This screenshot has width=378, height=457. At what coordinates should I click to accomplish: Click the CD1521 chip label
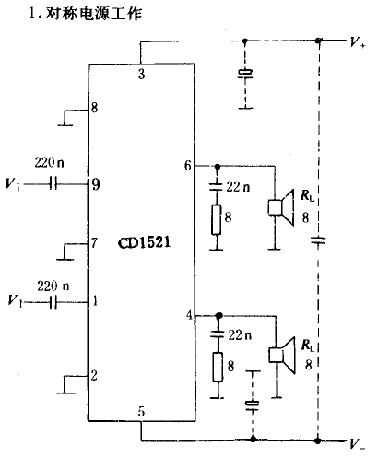[x=144, y=242]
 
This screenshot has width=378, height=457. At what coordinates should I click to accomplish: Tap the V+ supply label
[x=358, y=42]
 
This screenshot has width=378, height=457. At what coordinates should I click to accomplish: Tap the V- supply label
[x=358, y=444]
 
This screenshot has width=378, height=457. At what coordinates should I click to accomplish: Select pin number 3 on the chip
[x=141, y=74]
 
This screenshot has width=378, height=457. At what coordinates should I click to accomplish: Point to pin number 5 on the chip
[x=141, y=412]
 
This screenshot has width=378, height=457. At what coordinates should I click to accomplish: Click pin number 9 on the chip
[x=96, y=184]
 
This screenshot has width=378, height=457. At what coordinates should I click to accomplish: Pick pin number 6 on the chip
[x=188, y=166]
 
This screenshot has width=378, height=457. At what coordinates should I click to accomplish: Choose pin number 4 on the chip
[x=189, y=315]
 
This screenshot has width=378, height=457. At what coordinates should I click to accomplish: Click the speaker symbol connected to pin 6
[x=281, y=207]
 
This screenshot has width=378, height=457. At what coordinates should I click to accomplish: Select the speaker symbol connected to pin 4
[x=282, y=355]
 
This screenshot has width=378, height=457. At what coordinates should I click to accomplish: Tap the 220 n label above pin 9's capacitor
[x=49, y=162]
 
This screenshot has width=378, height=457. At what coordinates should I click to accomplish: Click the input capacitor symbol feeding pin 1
[x=53, y=302]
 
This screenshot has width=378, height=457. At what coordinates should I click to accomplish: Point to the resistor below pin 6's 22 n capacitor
[x=217, y=220]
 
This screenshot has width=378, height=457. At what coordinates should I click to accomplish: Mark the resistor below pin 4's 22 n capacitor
[x=218, y=368]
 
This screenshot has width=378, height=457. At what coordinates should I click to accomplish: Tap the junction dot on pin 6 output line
[x=218, y=167]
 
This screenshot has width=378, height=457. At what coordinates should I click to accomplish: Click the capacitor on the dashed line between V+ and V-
[x=318, y=240]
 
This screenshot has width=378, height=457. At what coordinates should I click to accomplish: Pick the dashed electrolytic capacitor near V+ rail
[x=245, y=74]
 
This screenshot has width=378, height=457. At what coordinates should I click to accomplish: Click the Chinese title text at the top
[x=86, y=14]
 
